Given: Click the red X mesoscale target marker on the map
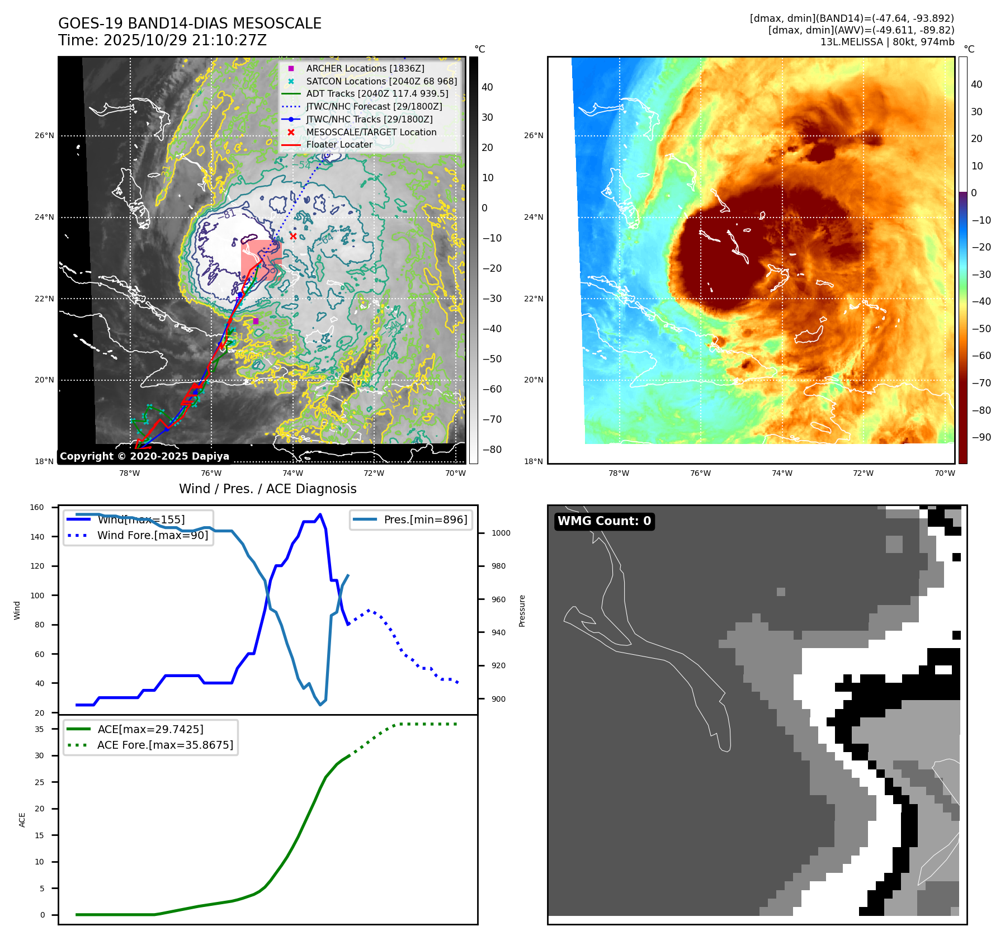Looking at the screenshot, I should point(293,236).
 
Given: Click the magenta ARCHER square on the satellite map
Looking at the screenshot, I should point(256,321).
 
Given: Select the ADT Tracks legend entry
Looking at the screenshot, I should point(377,94).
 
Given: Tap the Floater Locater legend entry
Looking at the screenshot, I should point(339,145).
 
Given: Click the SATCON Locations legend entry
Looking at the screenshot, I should point(381,81).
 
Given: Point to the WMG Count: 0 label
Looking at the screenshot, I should point(604,521).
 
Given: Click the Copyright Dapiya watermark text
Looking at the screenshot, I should point(144,456).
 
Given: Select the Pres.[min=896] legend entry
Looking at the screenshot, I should point(425,519).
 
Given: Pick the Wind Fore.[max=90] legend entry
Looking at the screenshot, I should point(152,535).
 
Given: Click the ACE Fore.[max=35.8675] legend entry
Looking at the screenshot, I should point(165,745).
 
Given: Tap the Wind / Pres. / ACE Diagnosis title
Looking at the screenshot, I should point(267,489).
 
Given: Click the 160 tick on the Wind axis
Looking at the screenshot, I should point(37,508).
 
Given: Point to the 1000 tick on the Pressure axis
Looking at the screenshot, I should point(501,533).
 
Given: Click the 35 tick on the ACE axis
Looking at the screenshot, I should point(39,729).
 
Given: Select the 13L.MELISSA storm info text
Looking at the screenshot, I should point(887,42).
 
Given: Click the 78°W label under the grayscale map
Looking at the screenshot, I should point(130,473).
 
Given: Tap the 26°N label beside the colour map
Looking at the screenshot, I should point(534,135).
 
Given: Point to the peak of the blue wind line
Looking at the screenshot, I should point(320,514).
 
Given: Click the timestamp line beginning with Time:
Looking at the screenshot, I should point(162,40).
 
